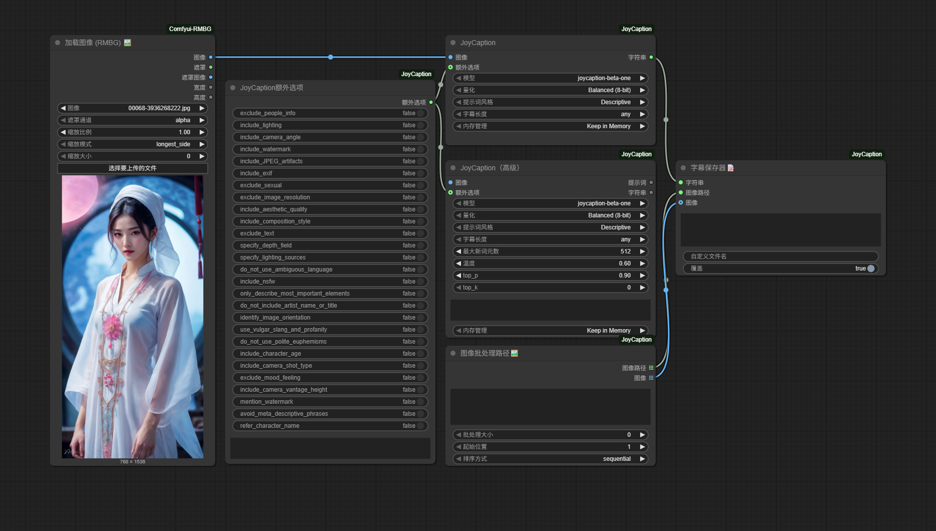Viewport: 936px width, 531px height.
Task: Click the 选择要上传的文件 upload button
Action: [133, 168]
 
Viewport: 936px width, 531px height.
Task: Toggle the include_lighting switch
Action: [420, 125]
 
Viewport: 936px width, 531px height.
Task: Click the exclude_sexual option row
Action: [330, 185]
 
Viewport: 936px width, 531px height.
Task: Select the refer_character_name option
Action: [330, 426]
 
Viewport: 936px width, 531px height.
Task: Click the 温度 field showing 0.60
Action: [551, 263]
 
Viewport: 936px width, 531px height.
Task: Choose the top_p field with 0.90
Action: [551, 276]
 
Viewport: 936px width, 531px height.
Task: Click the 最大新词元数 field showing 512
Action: [551, 251]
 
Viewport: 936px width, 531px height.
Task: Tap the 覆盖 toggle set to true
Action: [871, 269]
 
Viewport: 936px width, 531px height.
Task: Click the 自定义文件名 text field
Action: [781, 256]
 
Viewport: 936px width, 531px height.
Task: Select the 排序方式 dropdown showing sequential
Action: [551, 459]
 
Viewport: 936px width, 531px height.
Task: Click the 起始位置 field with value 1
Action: [551, 447]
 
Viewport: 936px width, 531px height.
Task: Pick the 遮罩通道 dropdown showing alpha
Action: [133, 120]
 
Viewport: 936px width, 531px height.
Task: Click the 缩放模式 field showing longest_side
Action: [133, 144]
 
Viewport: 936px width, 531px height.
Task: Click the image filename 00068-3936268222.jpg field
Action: [133, 108]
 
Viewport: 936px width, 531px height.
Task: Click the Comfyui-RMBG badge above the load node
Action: [190, 29]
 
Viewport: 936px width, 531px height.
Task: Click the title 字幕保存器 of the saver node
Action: [708, 168]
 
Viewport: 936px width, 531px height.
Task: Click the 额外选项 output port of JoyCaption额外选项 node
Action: [431, 102]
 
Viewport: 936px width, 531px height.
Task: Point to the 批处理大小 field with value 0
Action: [551, 435]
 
